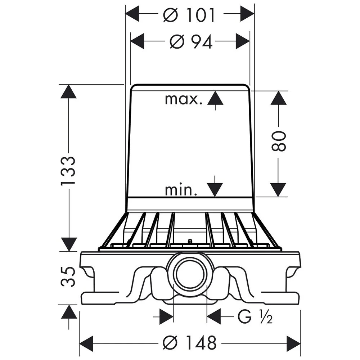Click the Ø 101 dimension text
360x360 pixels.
point(189,15)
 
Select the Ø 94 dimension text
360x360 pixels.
point(191,41)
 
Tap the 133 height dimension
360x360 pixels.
point(68,171)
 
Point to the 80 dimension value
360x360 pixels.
point(279,141)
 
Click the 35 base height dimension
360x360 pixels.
point(68,276)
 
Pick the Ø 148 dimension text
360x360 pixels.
point(189,343)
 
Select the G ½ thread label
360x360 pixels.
point(255,316)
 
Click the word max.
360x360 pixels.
point(184,99)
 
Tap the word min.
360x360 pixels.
point(181,190)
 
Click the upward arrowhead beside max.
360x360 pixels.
point(215,98)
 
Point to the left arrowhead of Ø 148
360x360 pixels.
point(86,343)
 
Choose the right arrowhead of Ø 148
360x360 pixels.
point(294,343)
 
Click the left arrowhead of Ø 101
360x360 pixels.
point(132,14)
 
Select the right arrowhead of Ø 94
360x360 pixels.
point(243,41)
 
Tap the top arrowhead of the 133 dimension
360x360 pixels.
point(68,91)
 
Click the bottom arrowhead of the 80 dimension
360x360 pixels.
point(278,190)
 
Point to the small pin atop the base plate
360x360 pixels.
point(190,242)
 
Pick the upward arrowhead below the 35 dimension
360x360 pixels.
point(69,312)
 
